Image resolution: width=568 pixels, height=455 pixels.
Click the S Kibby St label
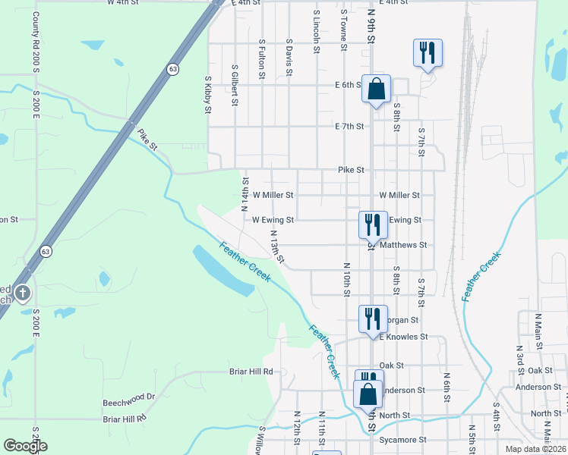[x=207, y=94]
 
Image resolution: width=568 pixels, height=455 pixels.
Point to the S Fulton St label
[x=261, y=60]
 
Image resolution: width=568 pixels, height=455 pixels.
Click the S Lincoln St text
[x=316, y=30]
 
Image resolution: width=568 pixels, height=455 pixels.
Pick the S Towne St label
[x=343, y=30]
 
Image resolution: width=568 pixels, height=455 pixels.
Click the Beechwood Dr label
[x=129, y=397]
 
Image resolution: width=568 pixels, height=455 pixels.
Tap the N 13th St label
[x=276, y=248]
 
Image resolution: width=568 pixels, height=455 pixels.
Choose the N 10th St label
[x=346, y=280]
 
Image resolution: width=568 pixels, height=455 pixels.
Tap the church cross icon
[x=23, y=293]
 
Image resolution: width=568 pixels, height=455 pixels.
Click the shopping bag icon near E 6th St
[x=376, y=89]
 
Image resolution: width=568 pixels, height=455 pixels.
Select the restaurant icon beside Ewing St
[x=373, y=224]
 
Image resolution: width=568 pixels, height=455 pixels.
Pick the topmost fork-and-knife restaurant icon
[x=428, y=52]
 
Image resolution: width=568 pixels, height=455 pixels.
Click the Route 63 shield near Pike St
[x=173, y=69]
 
